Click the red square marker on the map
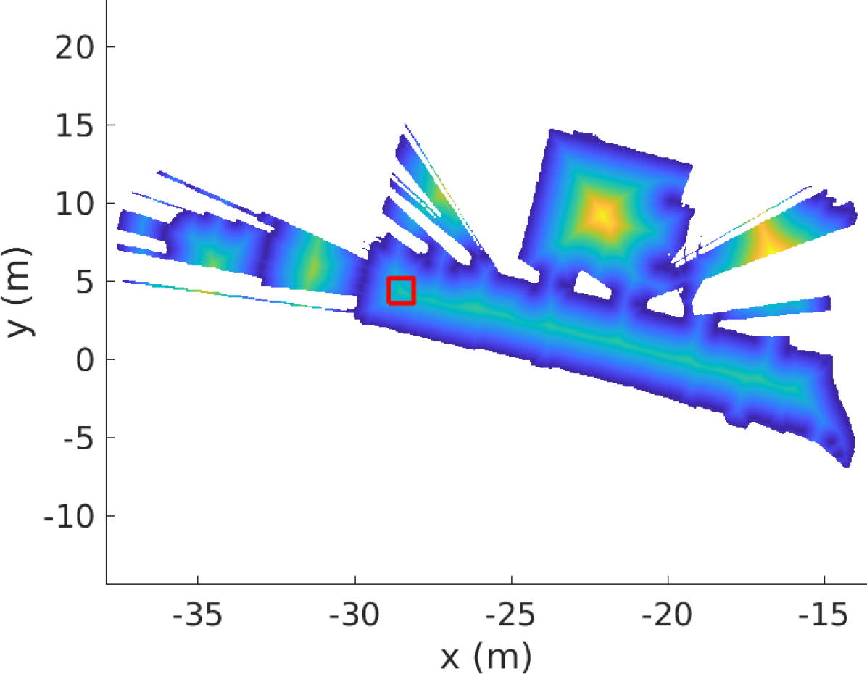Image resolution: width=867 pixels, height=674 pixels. coord(401,291)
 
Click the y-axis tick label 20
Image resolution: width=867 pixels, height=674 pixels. coord(75,47)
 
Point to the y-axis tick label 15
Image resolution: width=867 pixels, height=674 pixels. coord(75,125)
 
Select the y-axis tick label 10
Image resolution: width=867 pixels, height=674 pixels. coord(75,204)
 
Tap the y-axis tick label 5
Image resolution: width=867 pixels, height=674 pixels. coord(86,282)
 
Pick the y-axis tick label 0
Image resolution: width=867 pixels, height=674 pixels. coord(86,360)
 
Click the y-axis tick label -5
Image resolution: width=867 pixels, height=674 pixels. coord(79,438)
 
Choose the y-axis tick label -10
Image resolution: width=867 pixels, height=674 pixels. coord(69,517)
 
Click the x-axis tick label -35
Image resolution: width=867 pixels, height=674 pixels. coord(197,614)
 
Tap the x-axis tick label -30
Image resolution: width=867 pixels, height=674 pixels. coord(354,614)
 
